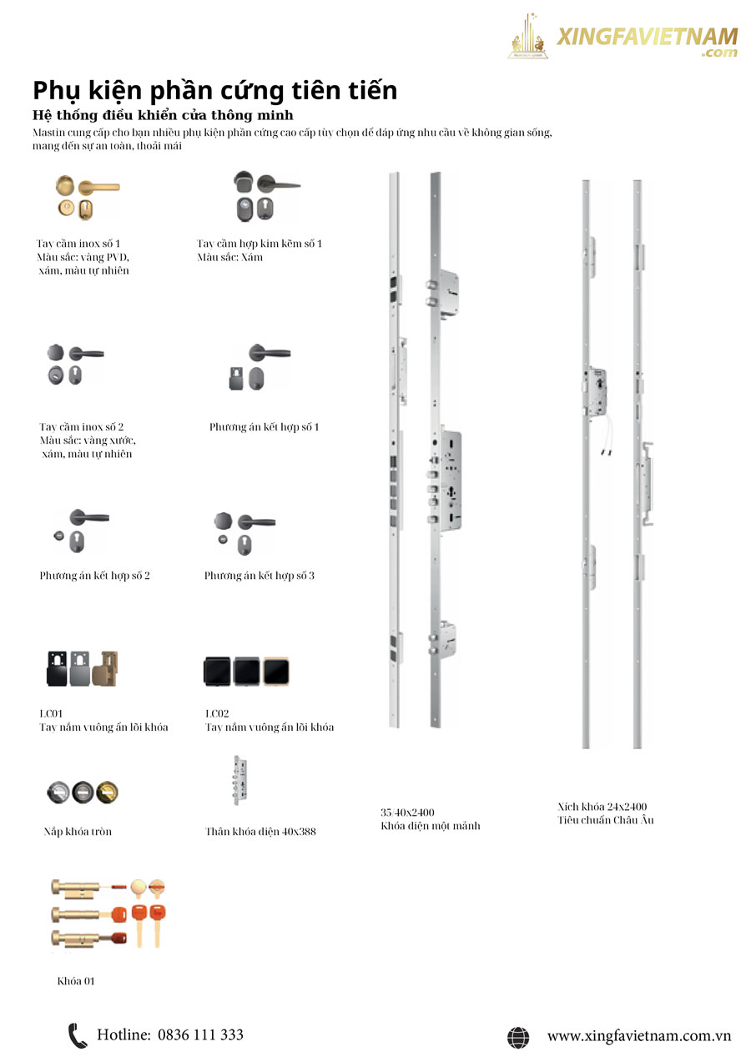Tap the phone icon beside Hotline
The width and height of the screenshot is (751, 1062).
(x=78, y=1035)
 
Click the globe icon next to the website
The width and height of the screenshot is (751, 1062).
(x=518, y=1037)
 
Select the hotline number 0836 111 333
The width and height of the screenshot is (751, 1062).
(x=200, y=1034)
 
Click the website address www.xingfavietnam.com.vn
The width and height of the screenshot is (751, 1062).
(x=639, y=1036)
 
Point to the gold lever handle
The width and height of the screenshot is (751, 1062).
(x=98, y=187)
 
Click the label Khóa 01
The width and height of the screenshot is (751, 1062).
(x=76, y=981)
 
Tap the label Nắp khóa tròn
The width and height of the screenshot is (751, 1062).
(x=78, y=831)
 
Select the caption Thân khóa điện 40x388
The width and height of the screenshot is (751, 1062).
(x=260, y=831)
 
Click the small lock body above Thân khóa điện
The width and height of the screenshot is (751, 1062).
(x=240, y=780)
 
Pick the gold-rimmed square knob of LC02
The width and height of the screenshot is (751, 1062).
(x=276, y=672)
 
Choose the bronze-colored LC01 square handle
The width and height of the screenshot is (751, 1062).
(x=105, y=668)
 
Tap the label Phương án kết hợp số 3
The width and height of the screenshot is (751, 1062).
(x=260, y=576)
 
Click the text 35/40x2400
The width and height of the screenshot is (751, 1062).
(x=407, y=813)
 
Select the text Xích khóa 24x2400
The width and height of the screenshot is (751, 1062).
(x=602, y=807)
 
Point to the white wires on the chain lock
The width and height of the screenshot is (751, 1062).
(x=607, y=435)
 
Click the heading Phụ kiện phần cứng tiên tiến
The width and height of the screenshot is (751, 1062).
(x=214, y=90)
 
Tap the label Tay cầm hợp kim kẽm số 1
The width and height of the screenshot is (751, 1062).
(x=260, y=244)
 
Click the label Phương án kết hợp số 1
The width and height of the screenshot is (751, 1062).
(x=264, y=426)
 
